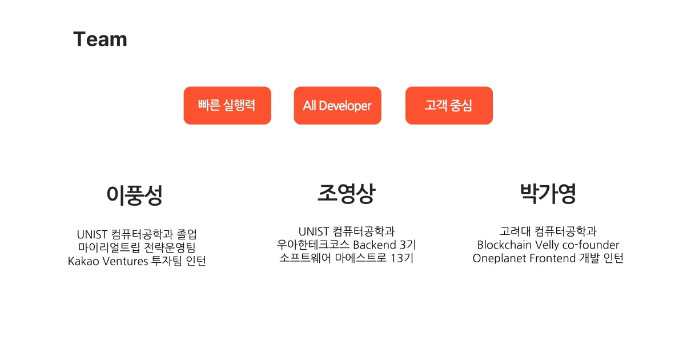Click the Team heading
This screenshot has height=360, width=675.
[100, 39]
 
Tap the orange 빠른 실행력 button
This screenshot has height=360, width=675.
[227, 106]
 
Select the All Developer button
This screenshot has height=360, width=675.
[337, 106]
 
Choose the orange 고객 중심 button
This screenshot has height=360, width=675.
[449, 106]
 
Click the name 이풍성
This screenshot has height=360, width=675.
[135, 195]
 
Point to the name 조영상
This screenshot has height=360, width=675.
[346, 194]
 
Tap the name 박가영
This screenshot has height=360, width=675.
[548, 194]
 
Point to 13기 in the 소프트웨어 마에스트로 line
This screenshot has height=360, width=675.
[404, 258]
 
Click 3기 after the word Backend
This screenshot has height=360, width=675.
[408, 245]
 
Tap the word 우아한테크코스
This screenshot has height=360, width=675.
[312, 245]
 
